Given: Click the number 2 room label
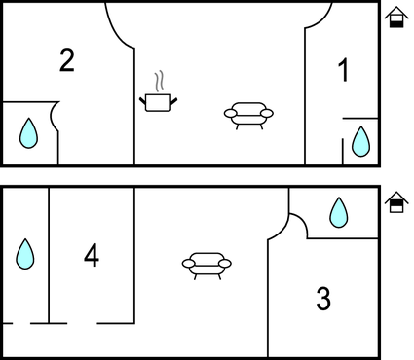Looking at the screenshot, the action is (67, 60).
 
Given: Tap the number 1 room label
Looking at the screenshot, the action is (343, 70).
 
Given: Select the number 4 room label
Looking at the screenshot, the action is (92, 256).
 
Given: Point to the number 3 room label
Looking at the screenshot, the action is (323, 299).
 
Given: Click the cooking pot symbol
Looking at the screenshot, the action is (158, 102).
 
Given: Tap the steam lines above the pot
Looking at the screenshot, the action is (159, 81).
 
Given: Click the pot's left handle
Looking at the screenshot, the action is (142, 101).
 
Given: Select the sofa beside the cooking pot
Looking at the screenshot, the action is (248, 116).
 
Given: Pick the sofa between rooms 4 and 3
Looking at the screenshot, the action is (207, 266).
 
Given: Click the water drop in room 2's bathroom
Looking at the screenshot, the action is (28, 133).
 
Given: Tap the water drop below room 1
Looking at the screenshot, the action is (360, 142).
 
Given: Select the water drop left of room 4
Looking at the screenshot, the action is (25, 254).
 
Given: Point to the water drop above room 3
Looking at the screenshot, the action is (339, 212).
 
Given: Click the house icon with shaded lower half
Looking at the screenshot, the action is (396, 17).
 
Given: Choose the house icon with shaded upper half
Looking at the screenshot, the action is (396, 202).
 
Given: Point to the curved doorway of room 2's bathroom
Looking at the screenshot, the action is (53, 116).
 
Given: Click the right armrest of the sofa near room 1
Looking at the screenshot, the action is (267, 113).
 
